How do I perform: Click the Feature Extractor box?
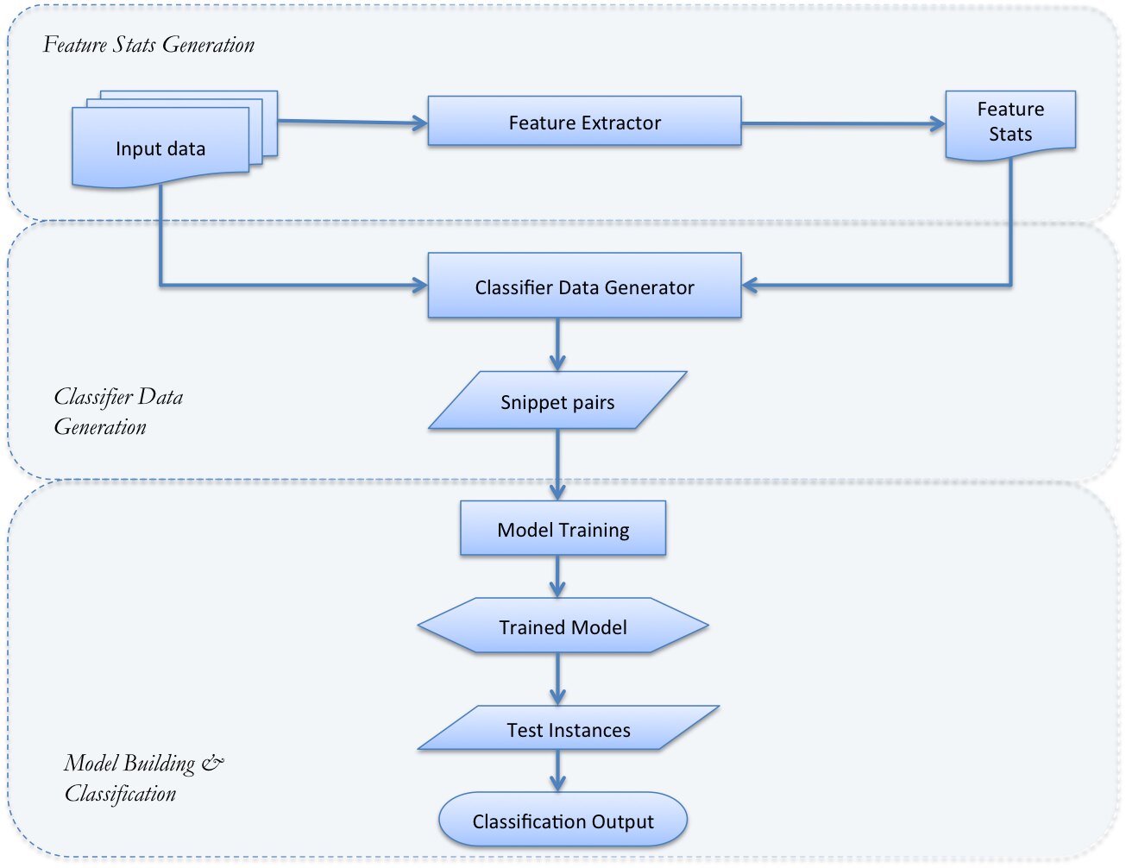tap(584, 121)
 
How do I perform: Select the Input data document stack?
tap(174, 139)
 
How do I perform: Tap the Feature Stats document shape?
tap(1010, 125)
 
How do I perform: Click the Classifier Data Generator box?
tap(584, 286)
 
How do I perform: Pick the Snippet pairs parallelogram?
tap(557, 400)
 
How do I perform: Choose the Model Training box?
tap(563, 528)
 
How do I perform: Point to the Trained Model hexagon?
tap(563, 625)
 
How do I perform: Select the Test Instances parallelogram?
tap(569, 727)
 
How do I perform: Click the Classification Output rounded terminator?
tap(563, 820)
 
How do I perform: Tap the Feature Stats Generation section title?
tap(148, 45)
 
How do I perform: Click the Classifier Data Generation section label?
tap(119, 412)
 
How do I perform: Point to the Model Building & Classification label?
tap(143, 778)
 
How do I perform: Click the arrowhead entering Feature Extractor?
tap(419, 123)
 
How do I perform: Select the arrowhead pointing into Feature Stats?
tap(937, 124)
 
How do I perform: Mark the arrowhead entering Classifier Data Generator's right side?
tap(750, 285)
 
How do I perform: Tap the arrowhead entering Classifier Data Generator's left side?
tap(419, 285)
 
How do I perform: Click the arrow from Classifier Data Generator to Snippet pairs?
tap(557, 344)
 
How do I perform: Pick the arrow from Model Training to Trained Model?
tap(557, 576)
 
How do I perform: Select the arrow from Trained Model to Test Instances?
tap(557, 679)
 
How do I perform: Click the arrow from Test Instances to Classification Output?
tap(557, 771)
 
